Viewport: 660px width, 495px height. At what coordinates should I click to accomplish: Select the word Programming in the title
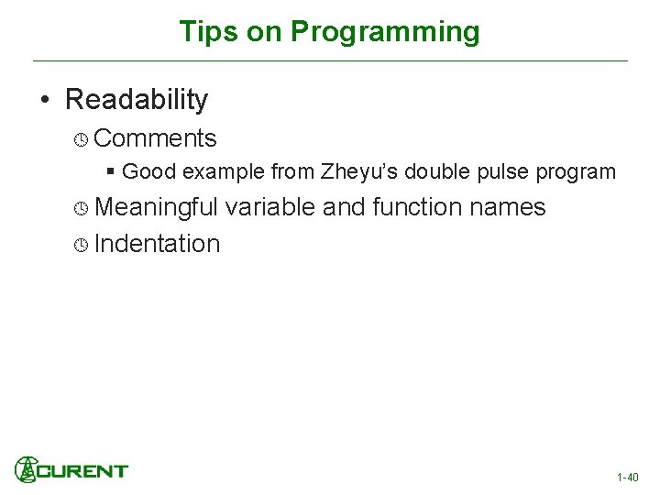click(385, 32)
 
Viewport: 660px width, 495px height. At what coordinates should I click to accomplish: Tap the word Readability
click(137, 99)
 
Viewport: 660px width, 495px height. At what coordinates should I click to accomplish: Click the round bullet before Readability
click(45, 100)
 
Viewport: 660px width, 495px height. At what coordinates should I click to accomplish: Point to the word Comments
click(155, 138)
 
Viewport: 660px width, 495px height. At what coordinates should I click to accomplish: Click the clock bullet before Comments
click(81, 139)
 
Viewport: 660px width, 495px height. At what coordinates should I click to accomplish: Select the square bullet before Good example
click(110, 171)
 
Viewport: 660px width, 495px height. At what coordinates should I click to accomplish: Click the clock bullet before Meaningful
click(81, 208)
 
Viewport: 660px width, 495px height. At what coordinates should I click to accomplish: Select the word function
click(417, 207)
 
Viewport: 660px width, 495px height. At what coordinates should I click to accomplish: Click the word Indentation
click(157, 244)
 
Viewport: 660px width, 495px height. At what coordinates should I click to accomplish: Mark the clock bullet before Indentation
click(81, 245)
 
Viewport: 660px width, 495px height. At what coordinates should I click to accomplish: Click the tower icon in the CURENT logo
click(27, 468)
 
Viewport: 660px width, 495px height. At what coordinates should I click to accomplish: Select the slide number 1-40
click(627, 478)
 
